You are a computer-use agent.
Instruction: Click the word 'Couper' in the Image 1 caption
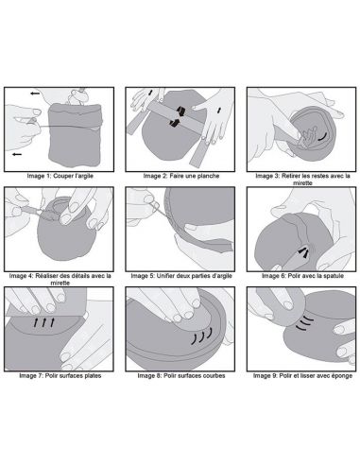click(x=62, y=176)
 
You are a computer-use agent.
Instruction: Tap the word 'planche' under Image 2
click(x=207, y=176)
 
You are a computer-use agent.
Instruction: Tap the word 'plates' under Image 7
click(x=93, y=375)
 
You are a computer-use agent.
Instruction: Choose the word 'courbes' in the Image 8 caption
click(x=214, y=375)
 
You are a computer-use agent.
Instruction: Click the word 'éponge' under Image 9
click(x=342, y=375)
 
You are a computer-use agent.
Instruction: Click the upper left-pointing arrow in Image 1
click(x=35, y=94)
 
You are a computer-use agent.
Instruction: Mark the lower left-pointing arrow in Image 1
click(x=17, y=154)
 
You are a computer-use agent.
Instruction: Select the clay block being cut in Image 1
click(x=76, y=134)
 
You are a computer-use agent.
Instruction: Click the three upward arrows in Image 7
click(x=44, y=322)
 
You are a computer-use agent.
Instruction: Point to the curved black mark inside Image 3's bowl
click(x=321, y=136)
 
